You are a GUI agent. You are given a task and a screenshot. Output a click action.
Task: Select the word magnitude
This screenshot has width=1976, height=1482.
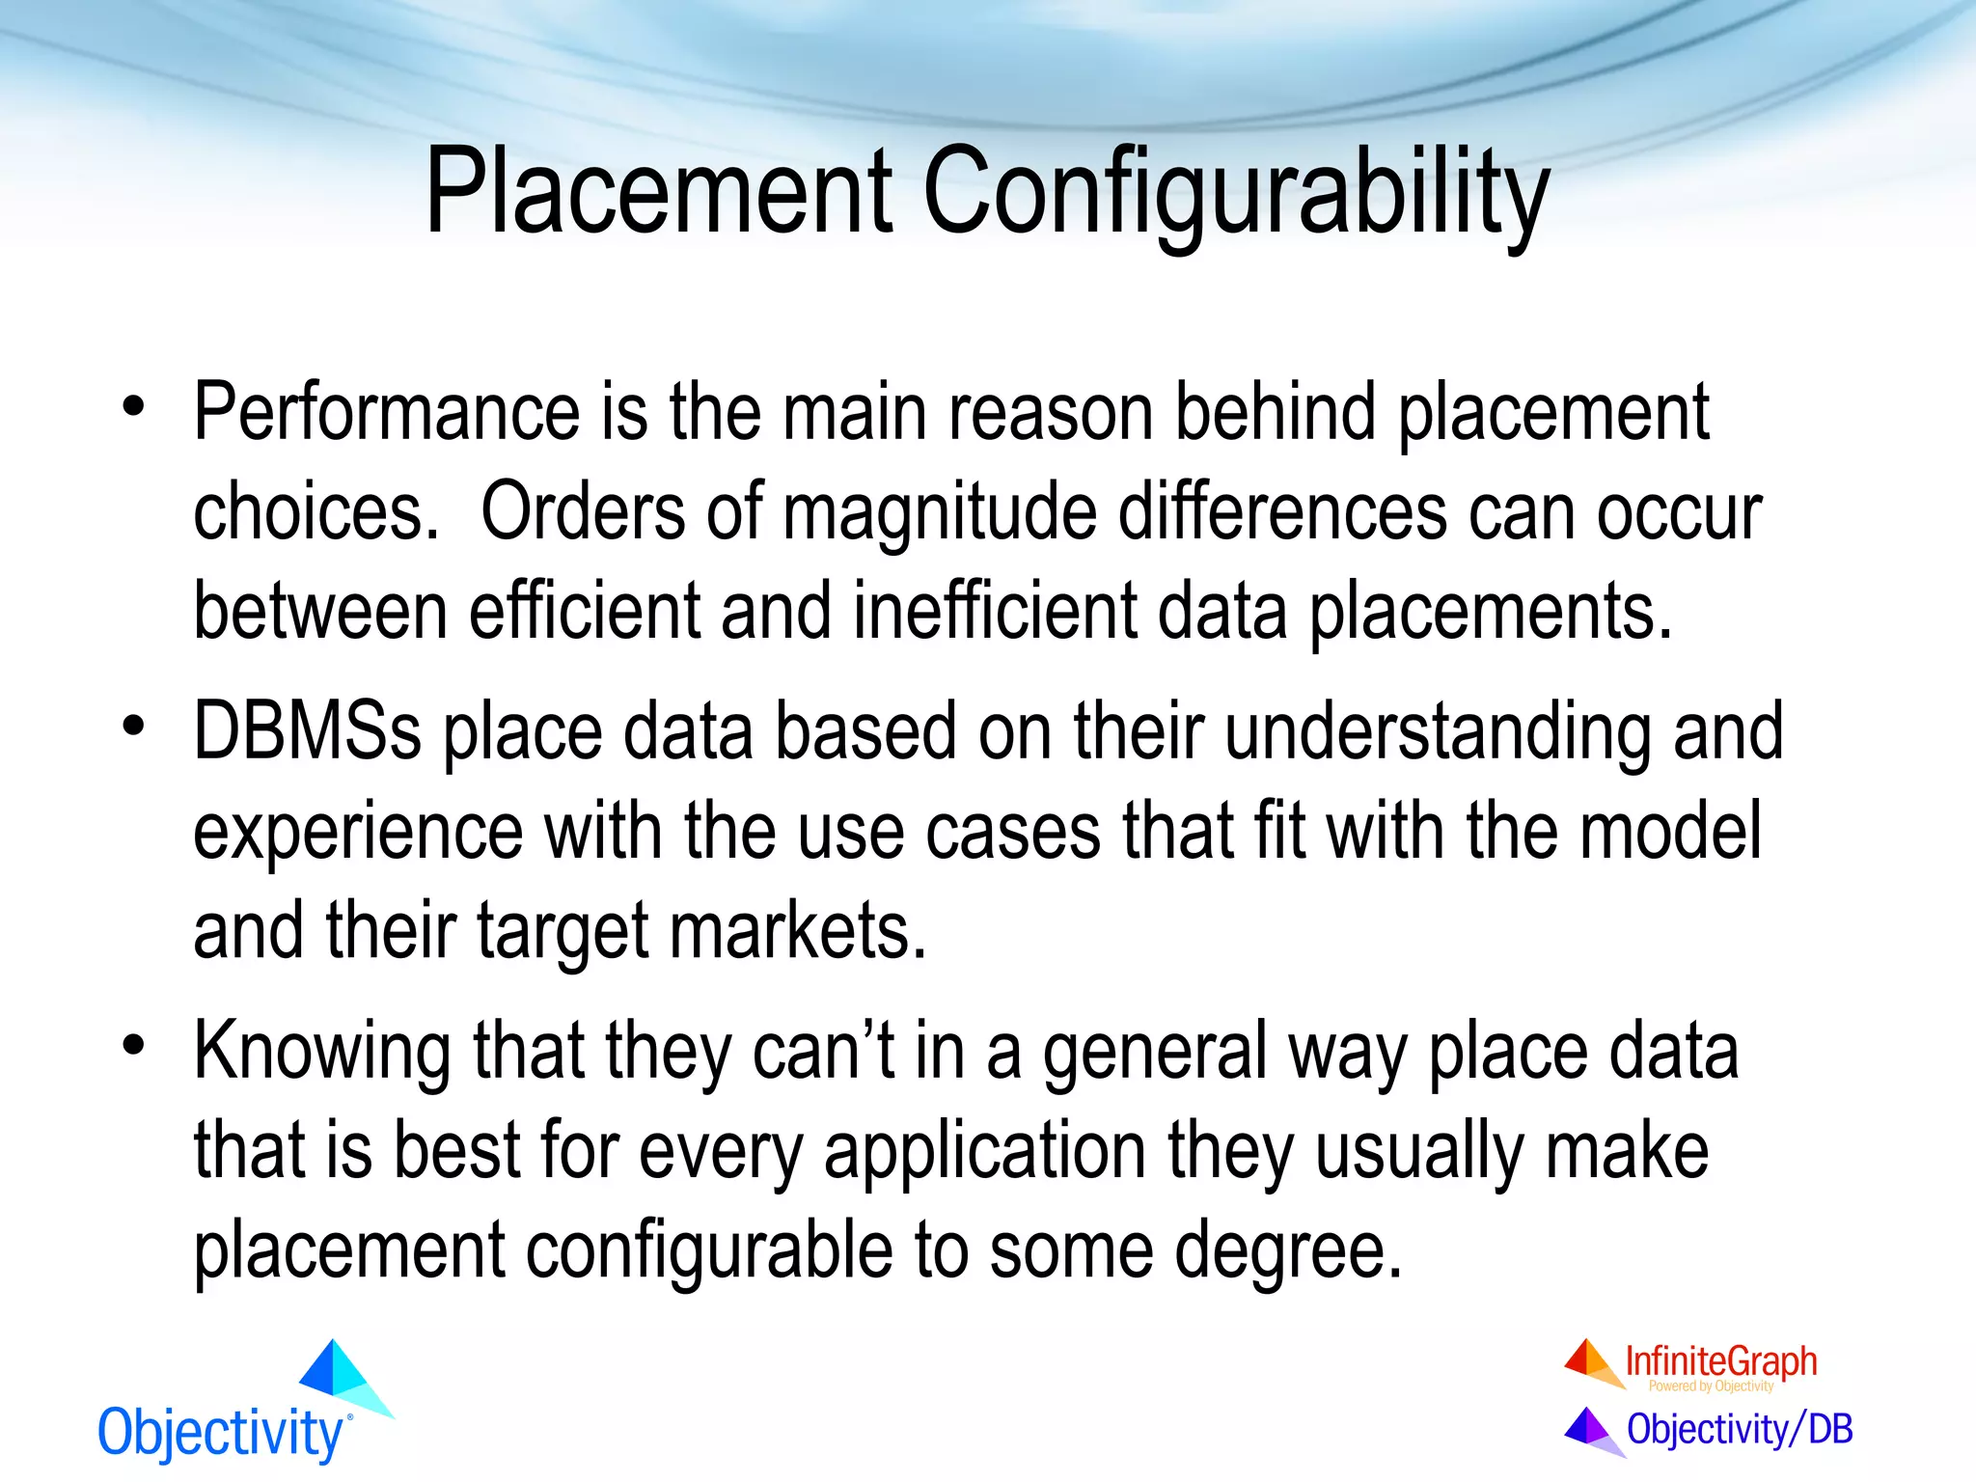[x=940, y=513]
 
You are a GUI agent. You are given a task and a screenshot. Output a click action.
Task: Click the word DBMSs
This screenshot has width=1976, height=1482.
[x=307, y=732]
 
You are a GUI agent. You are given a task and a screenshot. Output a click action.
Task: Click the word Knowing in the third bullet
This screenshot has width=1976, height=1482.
[x=321, y=1052]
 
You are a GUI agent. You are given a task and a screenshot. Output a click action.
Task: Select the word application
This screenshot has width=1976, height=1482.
[x=984, y=1151]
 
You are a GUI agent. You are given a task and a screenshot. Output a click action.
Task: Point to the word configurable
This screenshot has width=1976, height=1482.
[x=709, y=1250]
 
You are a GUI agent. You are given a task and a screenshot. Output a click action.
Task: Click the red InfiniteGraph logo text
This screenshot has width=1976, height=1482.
[x=1720, y=1362]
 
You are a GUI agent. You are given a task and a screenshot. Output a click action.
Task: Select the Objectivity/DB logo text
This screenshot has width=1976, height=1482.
[x=1740, y=1429]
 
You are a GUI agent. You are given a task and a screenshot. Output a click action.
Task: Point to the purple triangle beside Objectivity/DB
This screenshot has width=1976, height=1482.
[x=1589, y=1428]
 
